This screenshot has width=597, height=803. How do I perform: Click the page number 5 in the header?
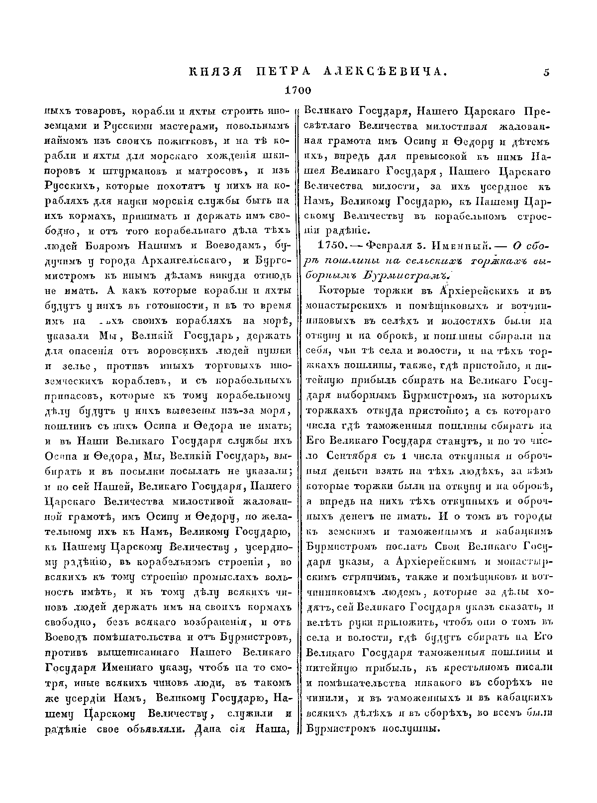click(x=547, y=73)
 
